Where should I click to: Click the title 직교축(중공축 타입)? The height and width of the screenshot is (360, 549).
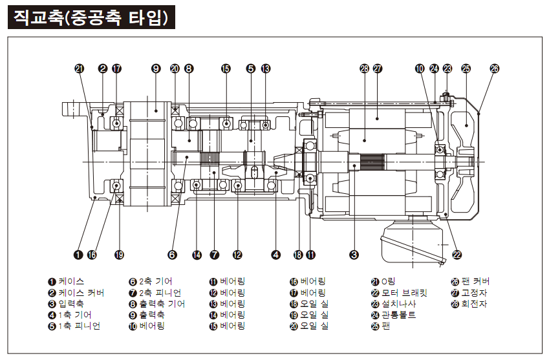[x=91, y=17]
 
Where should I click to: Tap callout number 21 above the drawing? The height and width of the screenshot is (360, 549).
[x=79, y=68]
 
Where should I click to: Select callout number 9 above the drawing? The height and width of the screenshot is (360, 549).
[x=155, y=68]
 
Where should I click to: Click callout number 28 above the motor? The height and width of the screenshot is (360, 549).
[x=364, y=68]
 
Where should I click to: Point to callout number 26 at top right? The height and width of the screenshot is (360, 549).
[x=495, y=68]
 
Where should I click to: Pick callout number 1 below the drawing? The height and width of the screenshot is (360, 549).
[x=78, y=255]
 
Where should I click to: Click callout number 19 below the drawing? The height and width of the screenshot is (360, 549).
[x=119, y=255]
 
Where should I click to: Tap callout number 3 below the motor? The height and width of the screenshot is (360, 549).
[x=354, y=255]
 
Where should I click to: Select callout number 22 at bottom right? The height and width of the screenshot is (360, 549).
[x=457, y=255]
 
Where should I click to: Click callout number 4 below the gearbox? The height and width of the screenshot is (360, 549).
[x=276, y=255]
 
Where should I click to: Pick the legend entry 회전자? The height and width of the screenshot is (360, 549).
[x=470, y=303]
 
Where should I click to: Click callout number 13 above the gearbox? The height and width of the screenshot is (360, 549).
[x=266, y=68]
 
